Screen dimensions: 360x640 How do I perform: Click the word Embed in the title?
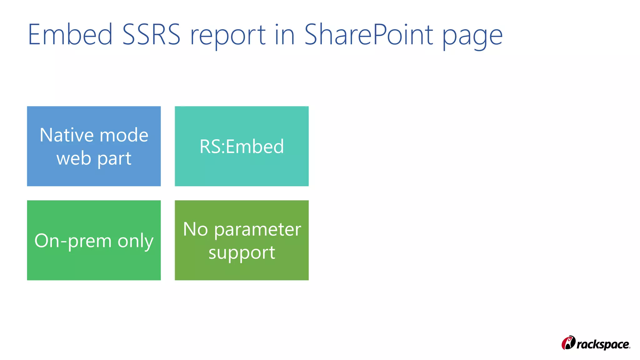pyautogui.click(x=70, y=35)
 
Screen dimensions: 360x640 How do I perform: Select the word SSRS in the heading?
pyautogui.click(x=151, y=35)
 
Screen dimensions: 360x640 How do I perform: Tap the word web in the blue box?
pyautogui.click(x=74, y=158)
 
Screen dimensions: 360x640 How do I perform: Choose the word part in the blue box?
pyautogui.click(x=114, y=159)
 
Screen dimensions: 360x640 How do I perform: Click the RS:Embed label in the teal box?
pyautogui.click(x=242, y=146)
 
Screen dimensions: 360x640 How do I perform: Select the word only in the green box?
pyautogui.click(x=136, y=241)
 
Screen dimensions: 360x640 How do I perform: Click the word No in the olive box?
pyautogui.click(x=195, y=229)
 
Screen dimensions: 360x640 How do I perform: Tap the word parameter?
pyautogui.click(x=257, y=230)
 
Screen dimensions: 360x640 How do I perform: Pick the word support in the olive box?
pyautogui.click(x=242, y=253)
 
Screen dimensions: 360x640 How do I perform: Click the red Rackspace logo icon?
pyautogui.click(x=568, y=343)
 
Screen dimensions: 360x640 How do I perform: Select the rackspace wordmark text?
pyautogui.click(x=603, y=344)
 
